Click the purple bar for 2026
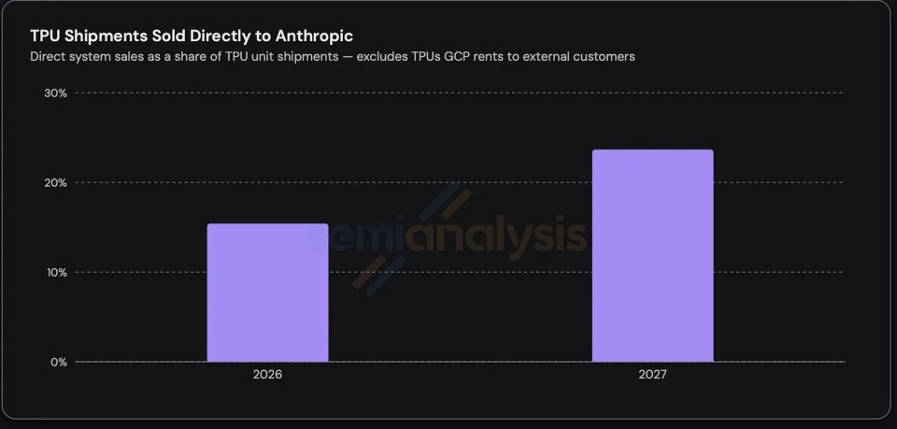click(x=268, y=293)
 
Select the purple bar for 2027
click(x=653, y=256)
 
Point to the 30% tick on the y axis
click(x=55, y=93)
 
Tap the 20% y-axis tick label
click(x=55, y=183)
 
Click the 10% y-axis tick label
click(x=56, y=272)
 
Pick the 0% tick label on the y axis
click(x=58, y=362)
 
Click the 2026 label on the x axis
click(x=268, y=376)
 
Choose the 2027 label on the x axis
click(x=653, y=376)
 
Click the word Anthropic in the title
click(x=314, y=36)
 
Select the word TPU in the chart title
click(x=46, y=36)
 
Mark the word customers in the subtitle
click(x=608, y=57)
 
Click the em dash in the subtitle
click(x=348, y=57)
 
